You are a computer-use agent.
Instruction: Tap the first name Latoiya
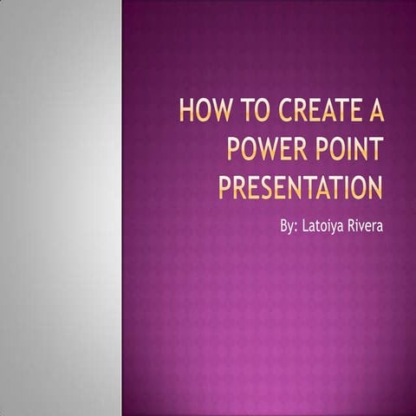point(325,227)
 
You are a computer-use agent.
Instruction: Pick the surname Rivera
point(368,226)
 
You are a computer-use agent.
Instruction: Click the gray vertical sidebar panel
point(60,208)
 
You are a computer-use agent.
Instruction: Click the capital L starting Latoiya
point(306,226)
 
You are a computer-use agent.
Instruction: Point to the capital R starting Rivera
point(354,226)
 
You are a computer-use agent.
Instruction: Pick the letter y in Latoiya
point(335,229)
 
